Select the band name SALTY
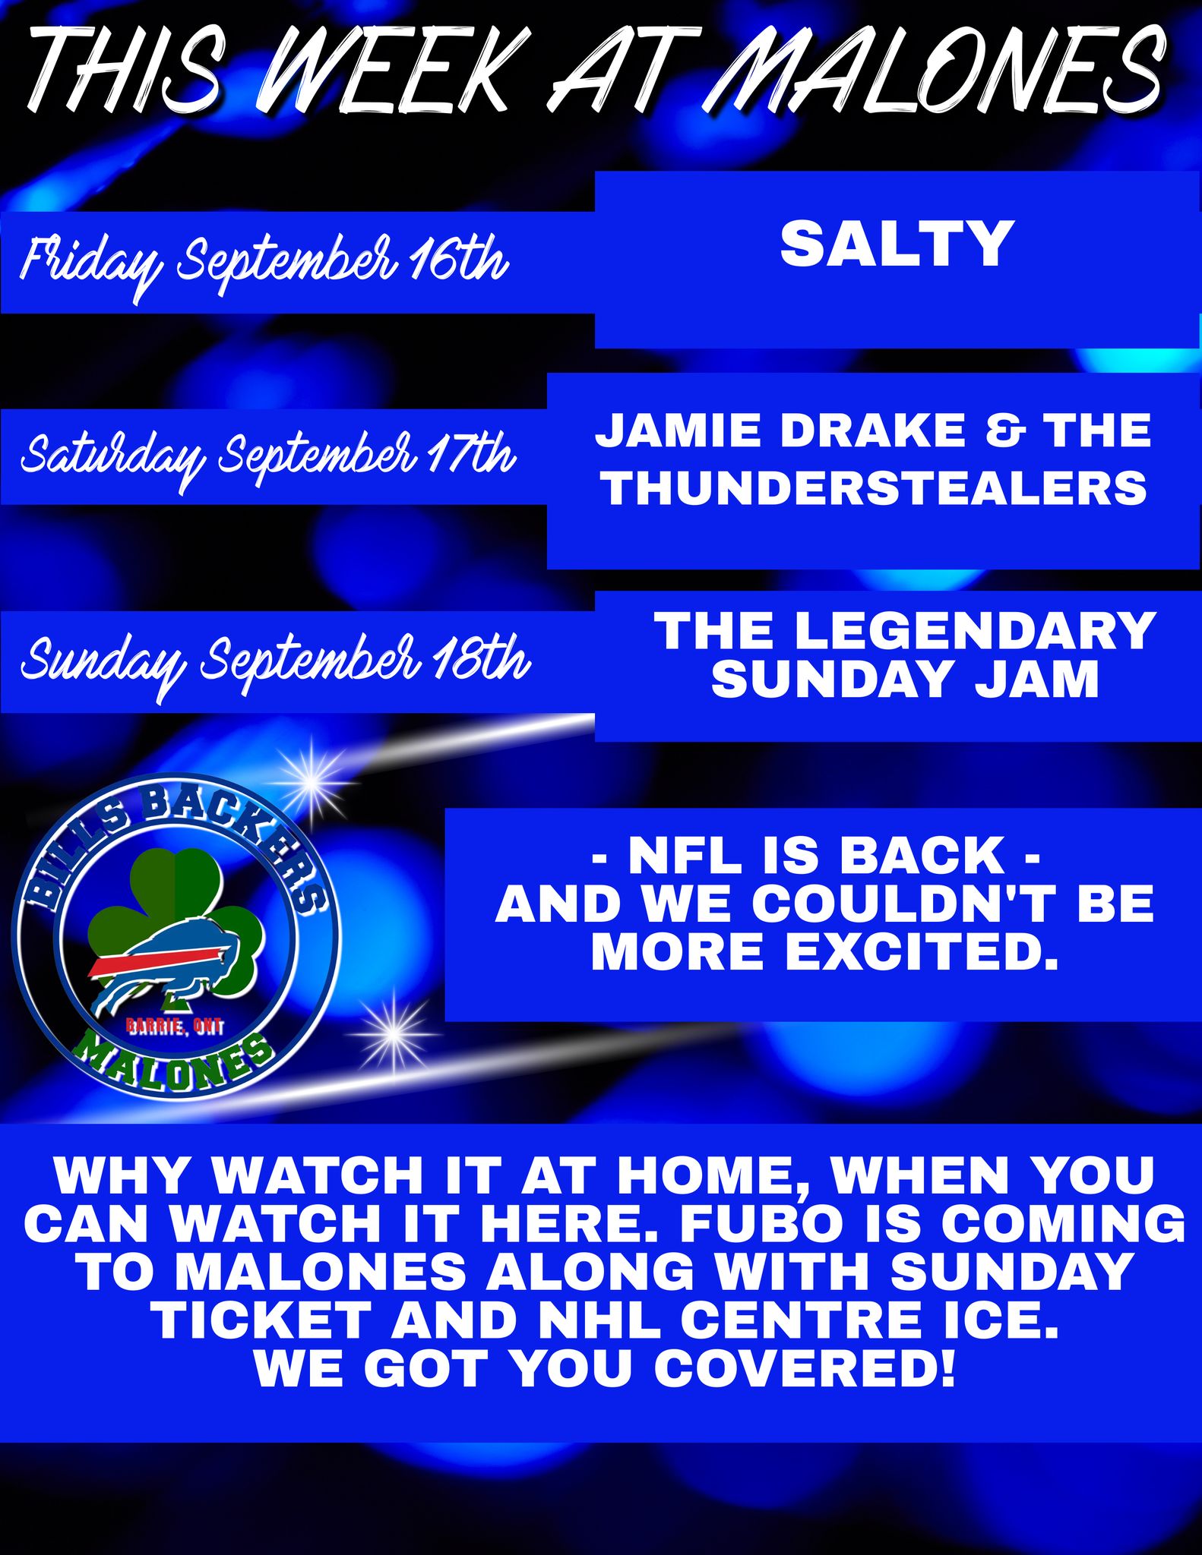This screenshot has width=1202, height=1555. tap(897, 244)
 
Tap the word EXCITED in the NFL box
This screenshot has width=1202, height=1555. tap(921, 951)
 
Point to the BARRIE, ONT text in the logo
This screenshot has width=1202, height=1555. tap(175, 1027)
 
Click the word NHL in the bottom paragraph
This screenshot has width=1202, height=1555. tap(615, 1319)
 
